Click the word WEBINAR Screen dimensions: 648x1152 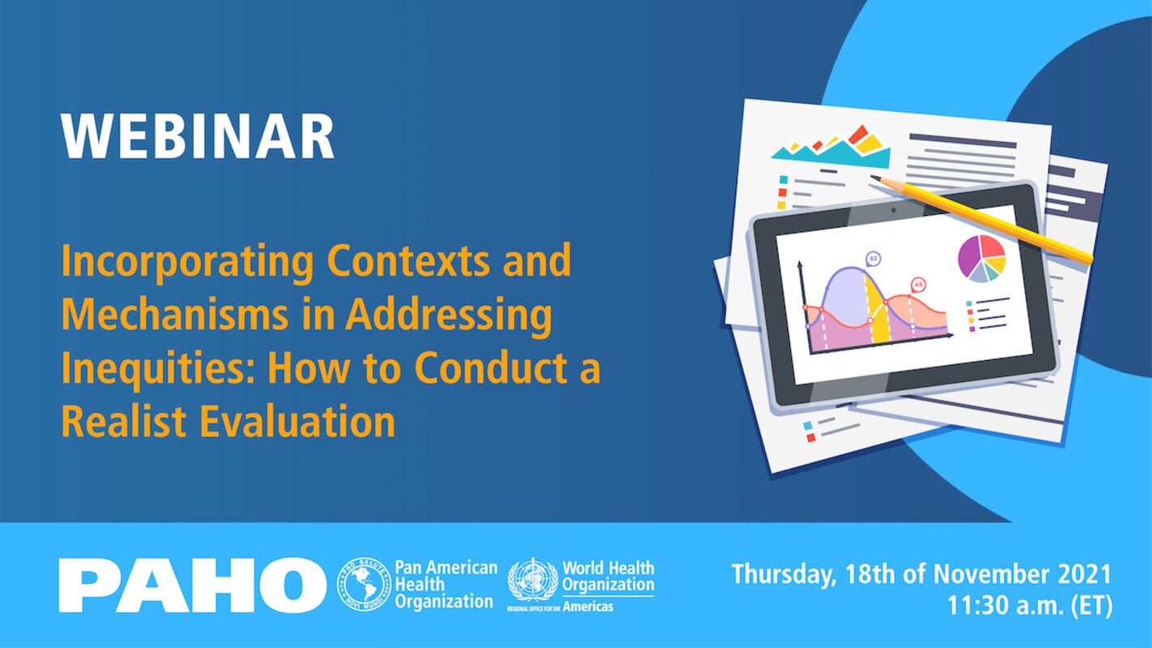pos(197,136)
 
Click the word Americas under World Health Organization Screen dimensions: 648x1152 pos(589,607)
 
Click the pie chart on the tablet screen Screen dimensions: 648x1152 pos(982,259)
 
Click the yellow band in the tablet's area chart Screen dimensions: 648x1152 pos(878,308)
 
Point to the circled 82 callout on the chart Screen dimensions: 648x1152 pos(873,259)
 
